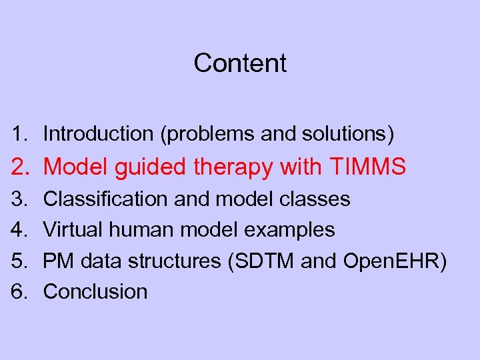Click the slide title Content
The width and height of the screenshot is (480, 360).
(240, 63)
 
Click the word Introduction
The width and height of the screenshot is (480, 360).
(98, 134)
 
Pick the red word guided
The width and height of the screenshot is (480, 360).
(151, 167)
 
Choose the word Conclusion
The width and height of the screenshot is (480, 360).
(95, 291)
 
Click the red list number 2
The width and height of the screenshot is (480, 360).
(19, 167)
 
